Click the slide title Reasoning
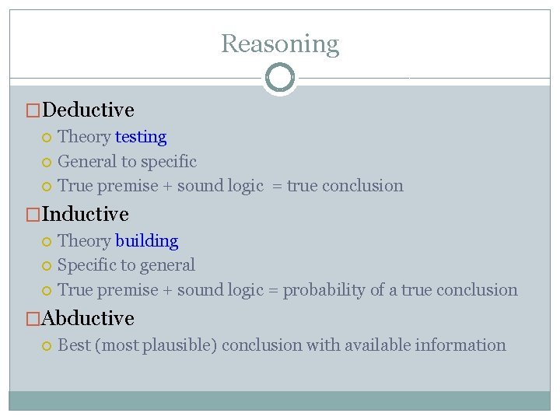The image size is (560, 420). coord(280,44)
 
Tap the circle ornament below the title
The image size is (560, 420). coord(280,78)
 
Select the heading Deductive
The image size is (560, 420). coord(89,110)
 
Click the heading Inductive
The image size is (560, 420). coord(86,214)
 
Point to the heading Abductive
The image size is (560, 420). coord(89,318)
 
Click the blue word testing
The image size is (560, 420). coord(141,137)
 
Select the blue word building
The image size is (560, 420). coord(146,241)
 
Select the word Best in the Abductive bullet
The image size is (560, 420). coord(74,345)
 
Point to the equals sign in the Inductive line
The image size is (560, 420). coord(273,290)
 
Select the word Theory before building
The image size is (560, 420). coord(84,241)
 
